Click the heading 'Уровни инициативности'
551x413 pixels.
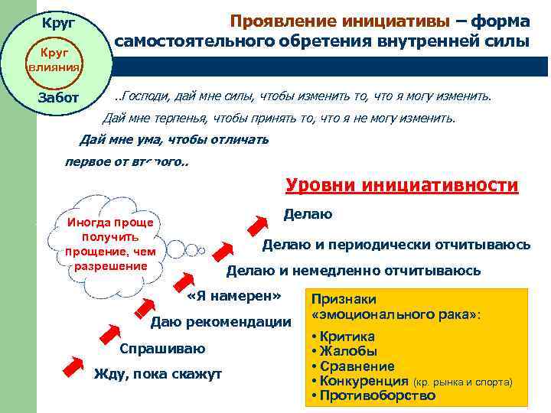point(402,186)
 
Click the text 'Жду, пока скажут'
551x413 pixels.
point(157,374)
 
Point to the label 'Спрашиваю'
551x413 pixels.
point(162,349)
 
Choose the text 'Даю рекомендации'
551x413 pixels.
point(221,321)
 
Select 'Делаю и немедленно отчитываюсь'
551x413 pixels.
point(354,271)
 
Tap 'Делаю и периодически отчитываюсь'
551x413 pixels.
point(396,245)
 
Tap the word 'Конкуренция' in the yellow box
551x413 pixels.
point(364,381)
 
